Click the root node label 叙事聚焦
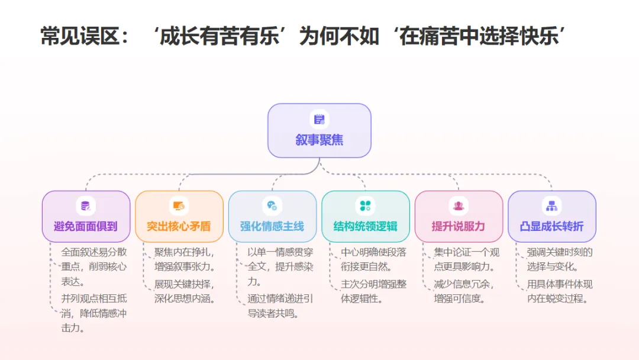click(x=319, y=140)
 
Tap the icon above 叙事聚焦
click(x=319, y=120)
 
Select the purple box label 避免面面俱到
click(x=86, y=226)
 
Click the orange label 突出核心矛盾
click(x=179, y=226)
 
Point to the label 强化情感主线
click(x=272, y=226)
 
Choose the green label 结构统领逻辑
click(x=366, y=226)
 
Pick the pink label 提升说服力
click(x=459, y=226)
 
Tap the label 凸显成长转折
click(x=552, y=226)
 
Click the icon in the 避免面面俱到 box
click(x=86, y=206)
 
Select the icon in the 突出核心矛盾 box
click(x=179, y=206)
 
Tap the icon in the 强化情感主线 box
click(x=272, y=206)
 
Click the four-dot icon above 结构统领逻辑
click(x=366, y=206)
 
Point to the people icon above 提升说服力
click(x=459, y=206)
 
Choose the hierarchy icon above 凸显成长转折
click(x=552, y=206)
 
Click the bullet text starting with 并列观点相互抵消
click(x=93, y=313)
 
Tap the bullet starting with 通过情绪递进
click(x=280, y=306)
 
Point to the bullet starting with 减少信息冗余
click(x=464, y=291)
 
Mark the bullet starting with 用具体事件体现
click(x=560, y=291)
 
